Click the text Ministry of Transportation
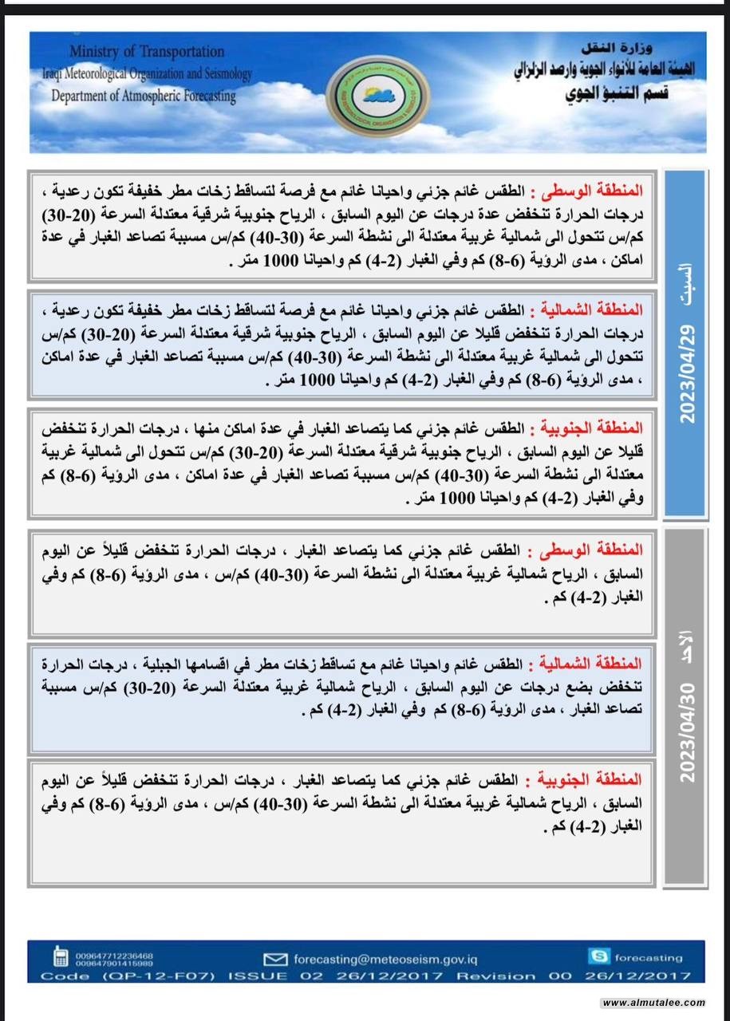[146, 52]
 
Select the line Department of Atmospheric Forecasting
[144, 97]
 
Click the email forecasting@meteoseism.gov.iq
[395, 959]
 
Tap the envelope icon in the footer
[275, 959]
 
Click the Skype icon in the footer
[600, 957]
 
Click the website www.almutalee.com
[653, 1003]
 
